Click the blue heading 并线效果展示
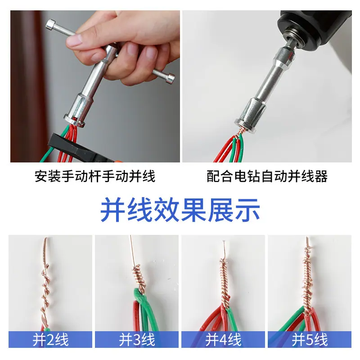(x=180, y=210)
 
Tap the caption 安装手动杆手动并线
(x=95, y=176)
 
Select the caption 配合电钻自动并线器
(x=267, y=176)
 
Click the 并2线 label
(x=50, y=340)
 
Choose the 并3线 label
(x=137, y=340)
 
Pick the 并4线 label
(x=223, y=340)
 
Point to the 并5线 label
(x=310, y=340)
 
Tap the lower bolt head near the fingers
(x=170, y=78)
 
